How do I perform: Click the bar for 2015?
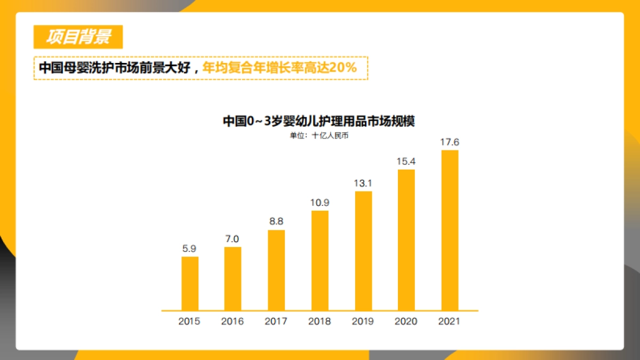pos(190,283)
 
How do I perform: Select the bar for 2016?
pos(233,278)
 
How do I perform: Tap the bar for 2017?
pos(276,270)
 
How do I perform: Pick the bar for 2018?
pos(320,260)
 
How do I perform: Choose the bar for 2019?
pos(363,251)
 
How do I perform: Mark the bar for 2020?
pos(406,239)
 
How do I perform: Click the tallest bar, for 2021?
pos(450,230)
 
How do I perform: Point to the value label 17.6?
pos(450,142)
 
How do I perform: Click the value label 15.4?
pos(406,161)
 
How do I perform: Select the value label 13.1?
pos(363,183)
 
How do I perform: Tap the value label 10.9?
pos(320,203)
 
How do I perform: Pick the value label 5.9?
pos(190,249)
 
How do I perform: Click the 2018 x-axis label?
pos(319,322)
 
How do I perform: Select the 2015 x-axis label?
pos(189,322)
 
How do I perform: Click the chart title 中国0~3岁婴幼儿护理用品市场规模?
pos(319,121)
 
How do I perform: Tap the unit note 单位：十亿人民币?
pos(319,135)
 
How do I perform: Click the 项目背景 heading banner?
pos(78,37)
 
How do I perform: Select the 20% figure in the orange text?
pos(342,68)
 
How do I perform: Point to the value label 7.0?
pos(233,238)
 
